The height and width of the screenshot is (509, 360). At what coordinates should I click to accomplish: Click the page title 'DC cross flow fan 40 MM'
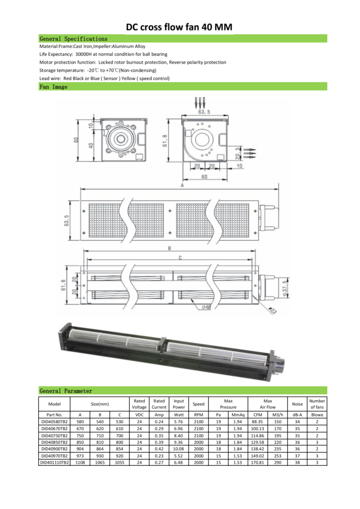point(179,27)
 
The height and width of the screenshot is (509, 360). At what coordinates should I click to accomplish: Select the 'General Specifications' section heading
point(74,39)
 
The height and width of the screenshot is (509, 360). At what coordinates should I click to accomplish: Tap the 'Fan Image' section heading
point(54,86)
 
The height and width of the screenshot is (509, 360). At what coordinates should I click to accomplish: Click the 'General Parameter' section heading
point(66,391)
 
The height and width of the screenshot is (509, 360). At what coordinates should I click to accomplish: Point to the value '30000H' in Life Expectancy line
point(84,54)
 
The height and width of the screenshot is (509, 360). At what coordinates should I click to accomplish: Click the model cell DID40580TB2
point(55,422)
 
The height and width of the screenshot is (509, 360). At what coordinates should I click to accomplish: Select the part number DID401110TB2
point(55,463)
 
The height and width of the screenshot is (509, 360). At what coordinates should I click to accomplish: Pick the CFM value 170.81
point(258,463)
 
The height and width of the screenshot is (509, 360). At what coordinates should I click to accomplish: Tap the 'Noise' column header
point(297,404)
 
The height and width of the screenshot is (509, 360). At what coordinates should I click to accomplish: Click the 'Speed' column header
point(198,404)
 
